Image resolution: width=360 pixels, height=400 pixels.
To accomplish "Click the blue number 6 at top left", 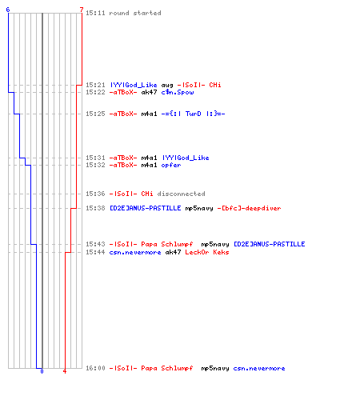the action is (8, 10).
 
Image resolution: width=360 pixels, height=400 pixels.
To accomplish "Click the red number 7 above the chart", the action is (82, 10).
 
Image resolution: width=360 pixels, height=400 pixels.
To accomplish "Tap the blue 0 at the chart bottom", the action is (42, 371).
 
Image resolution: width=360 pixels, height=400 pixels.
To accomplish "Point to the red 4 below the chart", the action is (65, 371).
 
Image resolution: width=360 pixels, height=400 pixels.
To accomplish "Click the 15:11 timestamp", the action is (95, 13).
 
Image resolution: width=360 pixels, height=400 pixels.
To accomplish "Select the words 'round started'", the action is (135, 13).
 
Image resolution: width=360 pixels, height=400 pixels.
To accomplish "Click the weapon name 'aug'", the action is (167, 85).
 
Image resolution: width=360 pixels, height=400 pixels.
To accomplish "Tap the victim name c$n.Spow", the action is (178, 92).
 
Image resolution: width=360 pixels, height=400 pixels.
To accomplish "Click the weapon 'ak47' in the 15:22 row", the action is (149, 92).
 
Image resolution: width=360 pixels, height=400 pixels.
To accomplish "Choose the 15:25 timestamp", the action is (95, 114).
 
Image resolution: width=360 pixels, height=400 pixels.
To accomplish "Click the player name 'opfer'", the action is (171, 165).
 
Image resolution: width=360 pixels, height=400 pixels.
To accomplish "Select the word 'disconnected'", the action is (181, 194).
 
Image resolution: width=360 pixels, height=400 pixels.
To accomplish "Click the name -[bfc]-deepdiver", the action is (249, 208).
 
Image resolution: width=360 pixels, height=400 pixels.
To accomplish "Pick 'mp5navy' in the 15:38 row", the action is (199, 208).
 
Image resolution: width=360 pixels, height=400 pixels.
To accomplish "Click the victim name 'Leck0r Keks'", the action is (207, 252).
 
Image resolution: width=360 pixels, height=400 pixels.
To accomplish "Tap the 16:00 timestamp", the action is (95, 368).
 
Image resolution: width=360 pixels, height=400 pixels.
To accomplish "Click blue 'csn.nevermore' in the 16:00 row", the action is (259, 368).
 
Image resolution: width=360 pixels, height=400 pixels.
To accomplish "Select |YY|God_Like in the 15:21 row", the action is (134, 85).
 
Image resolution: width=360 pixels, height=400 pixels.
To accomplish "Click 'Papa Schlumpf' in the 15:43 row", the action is (167, 244).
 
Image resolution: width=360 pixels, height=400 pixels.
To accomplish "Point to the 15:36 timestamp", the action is (95, 194).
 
